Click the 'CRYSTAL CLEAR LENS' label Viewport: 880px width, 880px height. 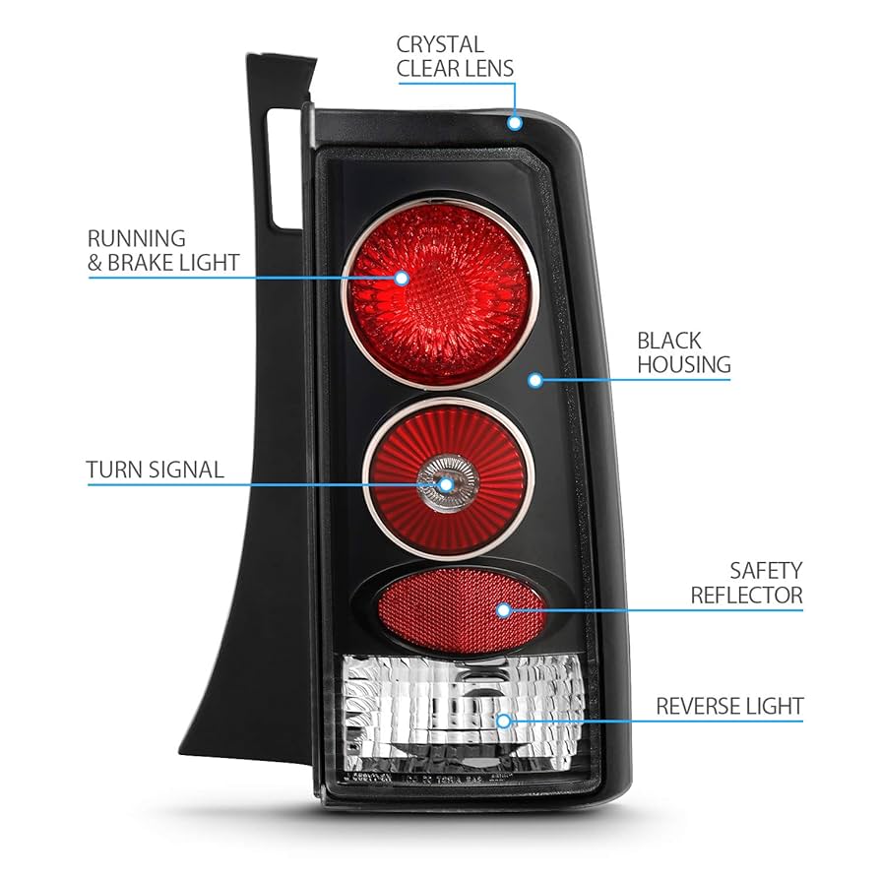tap(455, 56)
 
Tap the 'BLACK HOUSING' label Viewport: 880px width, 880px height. tap(683, 353)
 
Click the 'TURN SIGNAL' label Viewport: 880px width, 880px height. tap(155, 470)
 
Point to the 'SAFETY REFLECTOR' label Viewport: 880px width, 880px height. tap(746, 583)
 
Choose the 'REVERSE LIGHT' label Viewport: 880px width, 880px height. tap(729, 706)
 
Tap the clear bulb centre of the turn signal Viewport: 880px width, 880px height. tap(444, 481)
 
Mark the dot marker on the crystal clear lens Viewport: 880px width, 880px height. tap(514, 123)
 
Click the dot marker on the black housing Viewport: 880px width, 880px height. tap(534, 379)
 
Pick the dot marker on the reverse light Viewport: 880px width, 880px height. tap(503, 721)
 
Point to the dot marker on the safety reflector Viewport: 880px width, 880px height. tap(503, 610)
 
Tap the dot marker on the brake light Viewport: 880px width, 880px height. tap(401, 278)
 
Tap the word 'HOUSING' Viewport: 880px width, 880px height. tap(683, 365)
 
